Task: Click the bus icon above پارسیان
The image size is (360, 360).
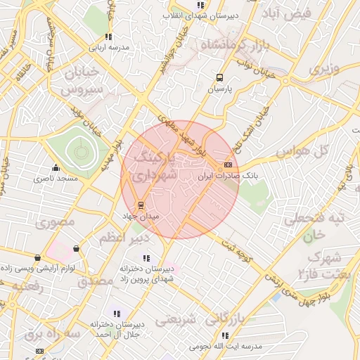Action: point(219,79)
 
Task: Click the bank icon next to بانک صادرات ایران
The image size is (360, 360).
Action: point(226,165)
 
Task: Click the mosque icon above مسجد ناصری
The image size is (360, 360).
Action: point(56,168)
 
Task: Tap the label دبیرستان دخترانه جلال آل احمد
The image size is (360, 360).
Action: point(116,328)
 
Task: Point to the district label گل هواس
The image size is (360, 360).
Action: point(304,150)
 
